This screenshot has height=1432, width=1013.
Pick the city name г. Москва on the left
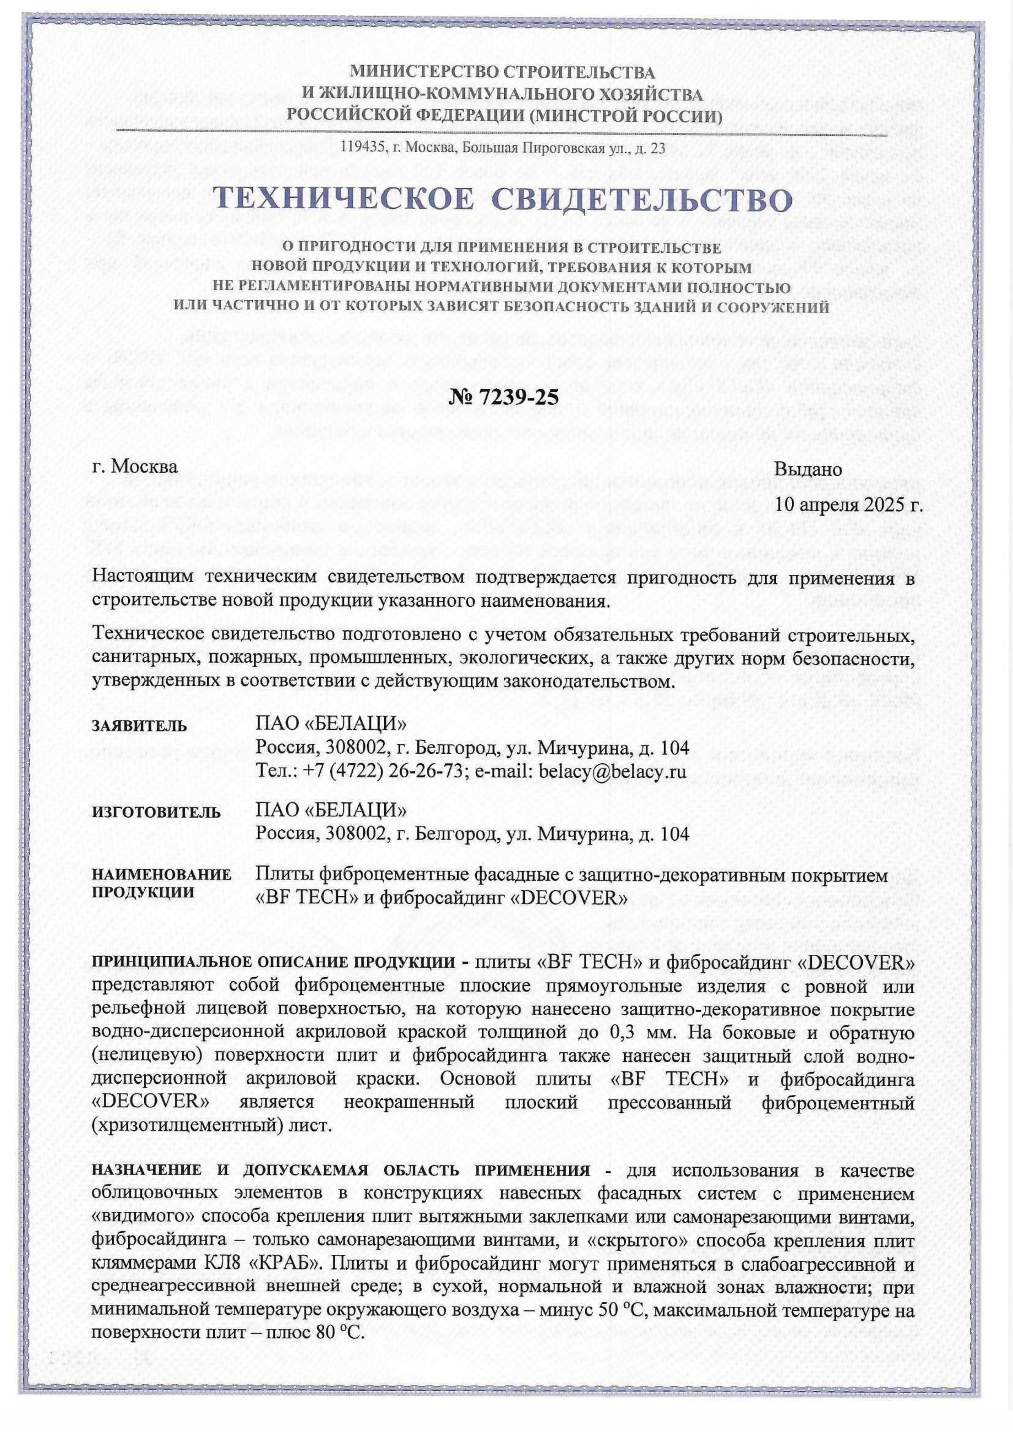coord(134,467)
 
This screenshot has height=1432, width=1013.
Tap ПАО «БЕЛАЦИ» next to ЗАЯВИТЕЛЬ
coord(331,724)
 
